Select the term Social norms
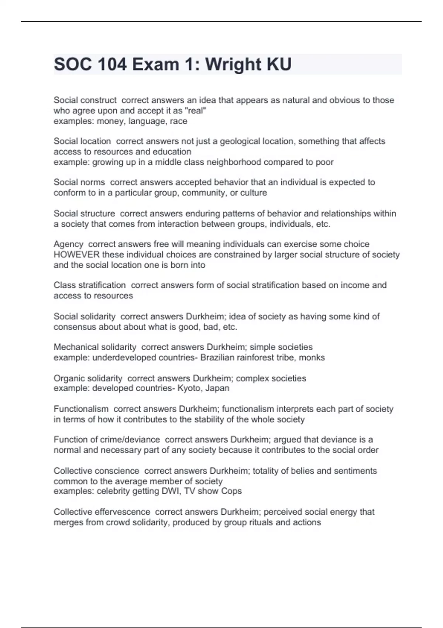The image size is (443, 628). click(79, 182)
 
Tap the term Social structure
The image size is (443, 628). click(84, 214)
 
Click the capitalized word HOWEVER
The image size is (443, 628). click(76, 255)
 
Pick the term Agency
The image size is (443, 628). click(68, 244)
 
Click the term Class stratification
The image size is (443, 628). click(90, 285)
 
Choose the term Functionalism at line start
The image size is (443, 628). click(81, 409)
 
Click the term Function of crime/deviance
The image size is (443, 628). click(107, 440)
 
